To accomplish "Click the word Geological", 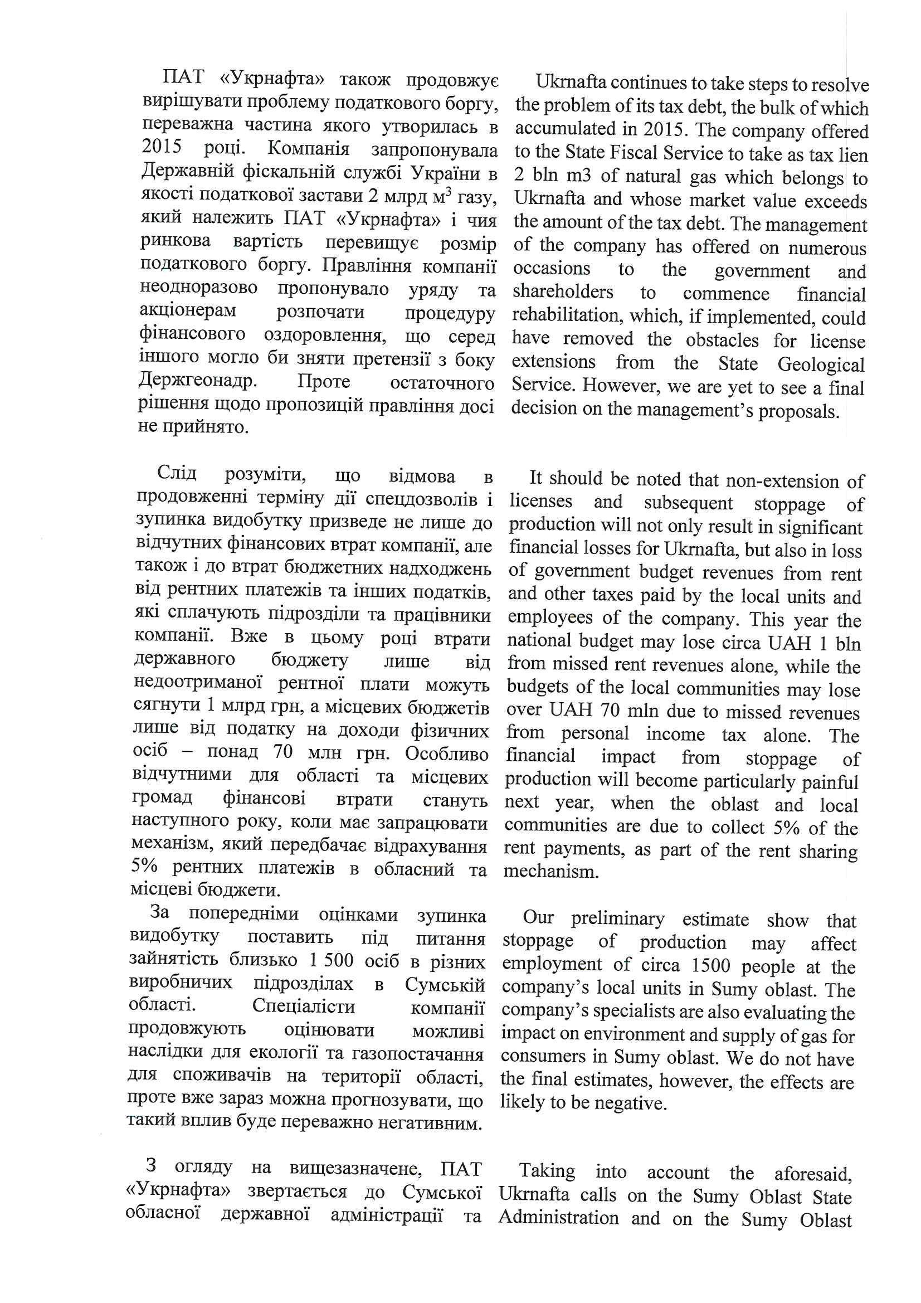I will point(821,364).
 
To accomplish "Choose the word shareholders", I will point(563,291).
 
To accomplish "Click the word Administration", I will point(559,1218).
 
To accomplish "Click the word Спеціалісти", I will point(304,1007).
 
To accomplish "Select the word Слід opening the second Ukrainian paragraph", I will point(177,473).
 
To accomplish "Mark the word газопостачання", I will point(418,1054).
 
